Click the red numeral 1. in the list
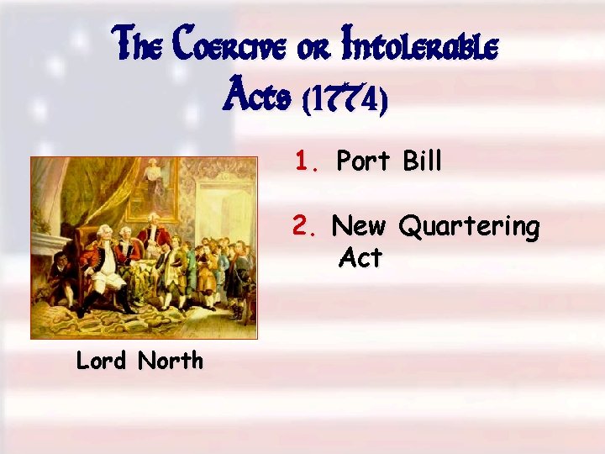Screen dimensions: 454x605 tap(307, 161)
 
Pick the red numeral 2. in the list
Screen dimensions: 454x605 tap(304, 225)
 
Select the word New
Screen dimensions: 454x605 tap(359, 226)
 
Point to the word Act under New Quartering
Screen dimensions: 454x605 tap(360, 258)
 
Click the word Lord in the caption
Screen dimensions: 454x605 tap(101, 361)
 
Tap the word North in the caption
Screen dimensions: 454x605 tap(171, 361)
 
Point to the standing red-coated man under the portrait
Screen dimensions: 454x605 tap(152, 240)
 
